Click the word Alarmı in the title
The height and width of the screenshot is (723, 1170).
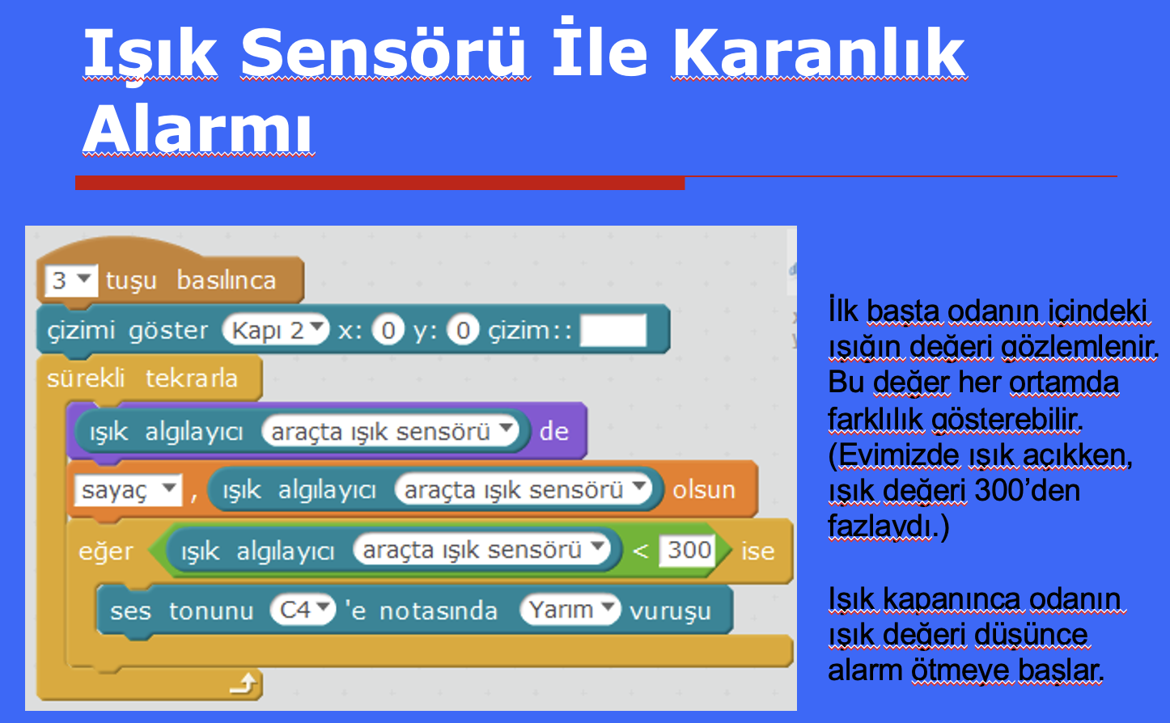197,128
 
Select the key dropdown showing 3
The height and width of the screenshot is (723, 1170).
70,281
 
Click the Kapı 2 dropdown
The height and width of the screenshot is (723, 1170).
276,330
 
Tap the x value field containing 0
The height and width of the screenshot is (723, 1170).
388,331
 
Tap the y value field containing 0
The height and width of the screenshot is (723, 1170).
463,331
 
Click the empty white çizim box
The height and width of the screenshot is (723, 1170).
613,330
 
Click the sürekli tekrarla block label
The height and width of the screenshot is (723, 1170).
142,378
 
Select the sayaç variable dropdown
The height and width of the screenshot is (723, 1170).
129,490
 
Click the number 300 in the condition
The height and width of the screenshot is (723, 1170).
689,550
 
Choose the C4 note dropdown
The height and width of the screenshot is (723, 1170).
303,609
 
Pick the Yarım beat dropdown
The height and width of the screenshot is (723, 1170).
570,609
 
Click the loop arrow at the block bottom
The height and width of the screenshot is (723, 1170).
244,683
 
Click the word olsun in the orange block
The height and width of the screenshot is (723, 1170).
704,490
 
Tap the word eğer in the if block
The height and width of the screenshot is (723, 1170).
106,552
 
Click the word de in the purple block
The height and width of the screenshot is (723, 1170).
554,432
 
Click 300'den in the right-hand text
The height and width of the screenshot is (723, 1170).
1028,490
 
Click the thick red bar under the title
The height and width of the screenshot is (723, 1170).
379,183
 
